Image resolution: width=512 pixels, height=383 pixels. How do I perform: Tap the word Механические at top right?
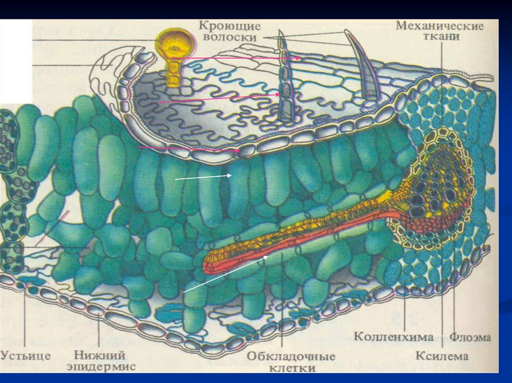(x=439, y=26)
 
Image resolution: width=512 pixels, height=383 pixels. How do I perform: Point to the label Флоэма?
(x=470, y=337)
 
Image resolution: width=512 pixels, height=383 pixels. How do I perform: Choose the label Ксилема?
(x=442, y=356)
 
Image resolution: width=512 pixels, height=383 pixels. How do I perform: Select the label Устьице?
(x=25, y=356)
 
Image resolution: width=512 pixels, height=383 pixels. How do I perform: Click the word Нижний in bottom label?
(x=99, y=356)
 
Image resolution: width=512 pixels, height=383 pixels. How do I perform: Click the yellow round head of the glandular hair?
(x=174, y=44)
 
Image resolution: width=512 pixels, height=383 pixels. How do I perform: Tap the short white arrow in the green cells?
(x=202, y=177)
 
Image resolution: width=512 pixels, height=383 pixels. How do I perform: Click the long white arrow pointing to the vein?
(x=225, y=274)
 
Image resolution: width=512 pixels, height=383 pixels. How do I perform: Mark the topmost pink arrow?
(x=240, y=58)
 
